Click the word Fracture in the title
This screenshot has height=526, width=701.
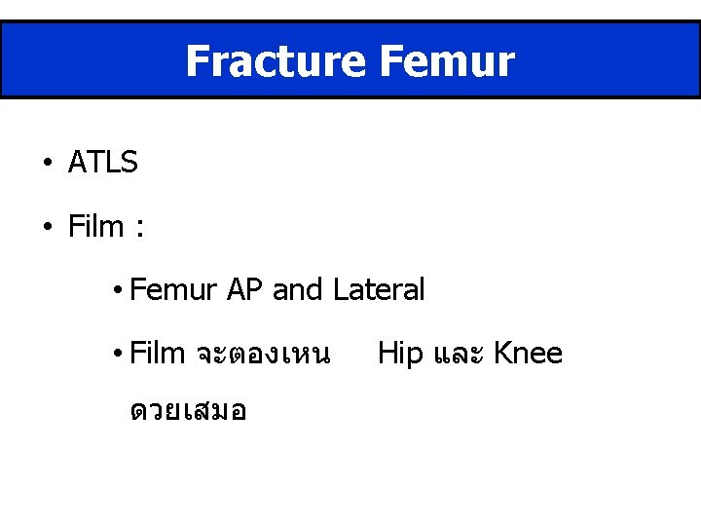275,61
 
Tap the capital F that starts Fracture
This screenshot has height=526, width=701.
198,61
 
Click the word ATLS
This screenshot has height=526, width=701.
103,164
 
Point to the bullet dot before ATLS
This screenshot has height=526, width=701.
47,164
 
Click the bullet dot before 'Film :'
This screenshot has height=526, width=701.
47,227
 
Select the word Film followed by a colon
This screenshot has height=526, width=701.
96,227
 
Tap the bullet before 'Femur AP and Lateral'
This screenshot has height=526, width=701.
116,290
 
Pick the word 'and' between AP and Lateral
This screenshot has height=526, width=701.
299,290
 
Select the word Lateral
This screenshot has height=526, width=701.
379,290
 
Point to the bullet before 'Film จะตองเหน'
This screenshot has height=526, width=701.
116,354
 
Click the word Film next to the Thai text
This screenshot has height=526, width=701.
157,354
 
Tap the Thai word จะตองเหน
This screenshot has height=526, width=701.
263,354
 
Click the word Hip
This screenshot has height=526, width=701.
400,354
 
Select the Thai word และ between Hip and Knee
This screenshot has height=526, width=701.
459,354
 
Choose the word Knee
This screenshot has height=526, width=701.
528,354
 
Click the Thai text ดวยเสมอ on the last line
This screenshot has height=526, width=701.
188,412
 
